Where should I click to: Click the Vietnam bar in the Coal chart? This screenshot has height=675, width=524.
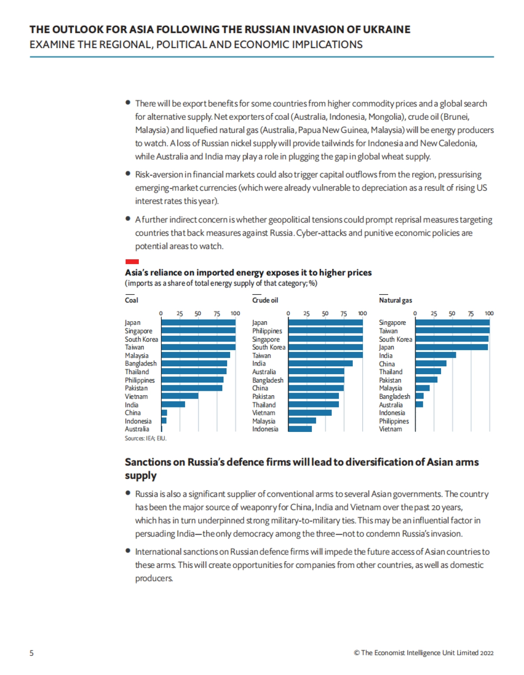coord(180,396)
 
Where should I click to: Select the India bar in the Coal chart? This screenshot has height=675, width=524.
coord(173,404)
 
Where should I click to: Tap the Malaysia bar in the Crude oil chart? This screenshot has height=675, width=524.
coord(302,421)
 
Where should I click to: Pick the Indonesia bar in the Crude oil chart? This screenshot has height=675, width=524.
coord(300,429)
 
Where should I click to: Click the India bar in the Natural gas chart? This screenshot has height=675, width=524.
coord(435,355)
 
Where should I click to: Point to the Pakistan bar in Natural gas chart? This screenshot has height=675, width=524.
coord(426,379)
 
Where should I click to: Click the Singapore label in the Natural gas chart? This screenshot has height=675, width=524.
coord(392,323)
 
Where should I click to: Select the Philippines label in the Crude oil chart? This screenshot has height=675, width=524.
coord(267,331)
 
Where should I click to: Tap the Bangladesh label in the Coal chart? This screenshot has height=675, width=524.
coord(141,363)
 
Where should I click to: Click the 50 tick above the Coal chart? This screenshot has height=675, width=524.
coord(198,313)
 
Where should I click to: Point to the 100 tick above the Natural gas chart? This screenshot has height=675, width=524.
coord(489,313)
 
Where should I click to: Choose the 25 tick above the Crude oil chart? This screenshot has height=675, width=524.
coord(307,313)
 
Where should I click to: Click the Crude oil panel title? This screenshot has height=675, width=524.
coord(265,300)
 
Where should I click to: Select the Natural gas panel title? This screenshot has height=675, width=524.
coord(395,300)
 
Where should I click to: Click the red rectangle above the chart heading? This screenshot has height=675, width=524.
coord(132,261)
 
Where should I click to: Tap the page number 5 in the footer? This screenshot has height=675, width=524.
coord(31,653)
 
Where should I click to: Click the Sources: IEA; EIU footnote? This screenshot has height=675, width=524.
coord(145,438)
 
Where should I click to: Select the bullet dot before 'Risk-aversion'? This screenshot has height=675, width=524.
coord(128,174)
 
